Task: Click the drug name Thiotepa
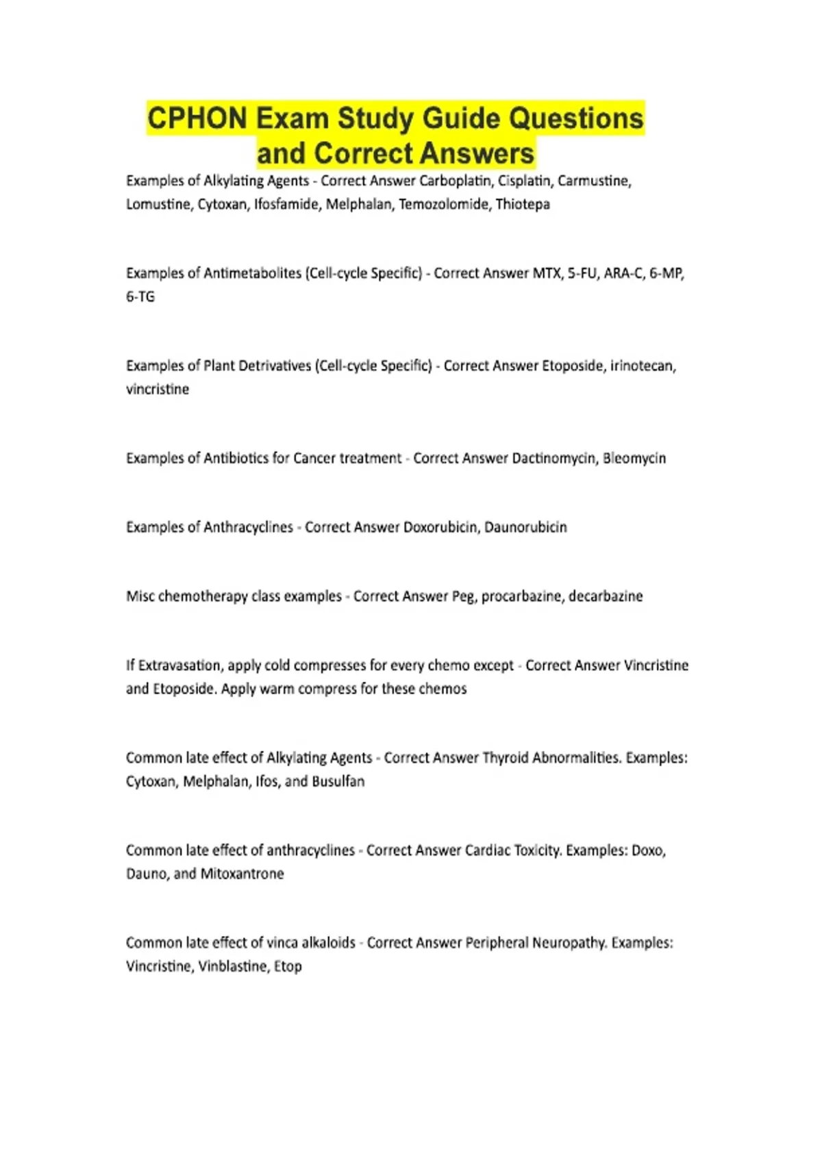pyautogui.click(x=523, y=204)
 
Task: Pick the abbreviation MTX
pyautogui.click(x=546, y=273)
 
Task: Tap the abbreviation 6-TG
pyautogui.click(x=140, y=296)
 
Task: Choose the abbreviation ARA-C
pyautogui.click(x=623, y=273)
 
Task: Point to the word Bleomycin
pyautogui.click(x=634, y=458)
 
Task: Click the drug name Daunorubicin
pyautogui.click(x=525, y=527)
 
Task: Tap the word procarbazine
pyautogui.click(x=521, y=596)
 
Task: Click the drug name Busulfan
pyautogui.click(x=338, y=781)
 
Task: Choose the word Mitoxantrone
pyautogui.click(x=242, y=874)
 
